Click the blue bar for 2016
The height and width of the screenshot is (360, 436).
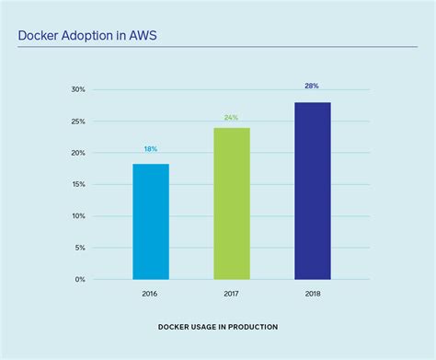[151, 222]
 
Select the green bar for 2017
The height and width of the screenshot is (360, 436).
[232, 203]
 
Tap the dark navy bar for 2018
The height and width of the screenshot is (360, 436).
[313, 191]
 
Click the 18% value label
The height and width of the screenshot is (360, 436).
[151, 149]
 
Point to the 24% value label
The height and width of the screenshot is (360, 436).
[232, 118]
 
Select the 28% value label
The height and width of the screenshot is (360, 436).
[313, 86]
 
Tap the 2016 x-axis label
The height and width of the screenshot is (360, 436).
[151, 296]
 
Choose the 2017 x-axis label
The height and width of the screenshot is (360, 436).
[232, 296]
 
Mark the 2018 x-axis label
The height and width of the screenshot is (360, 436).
[313, 296]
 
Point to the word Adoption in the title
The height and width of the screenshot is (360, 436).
[90, 37]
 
